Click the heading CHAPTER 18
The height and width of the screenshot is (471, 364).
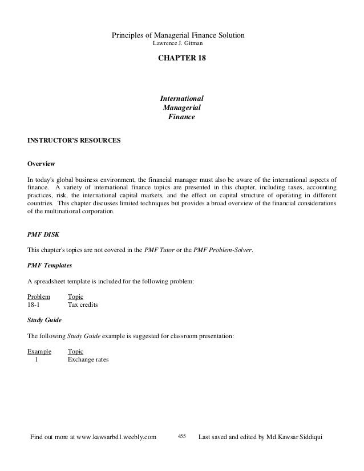pyautogui.click(x=181, y=59)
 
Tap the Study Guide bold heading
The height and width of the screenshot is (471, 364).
pyautogui.click(x=46, y=320)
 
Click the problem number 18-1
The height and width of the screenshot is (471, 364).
pyautogui.click(x=34, y=305)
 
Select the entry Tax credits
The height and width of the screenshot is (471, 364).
pyautogui.click(x=83, y=305)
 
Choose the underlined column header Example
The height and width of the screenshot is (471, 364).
pyautogui.click(x=39, y=352)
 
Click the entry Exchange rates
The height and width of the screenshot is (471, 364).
pyautogui.click(x=88, y=360)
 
